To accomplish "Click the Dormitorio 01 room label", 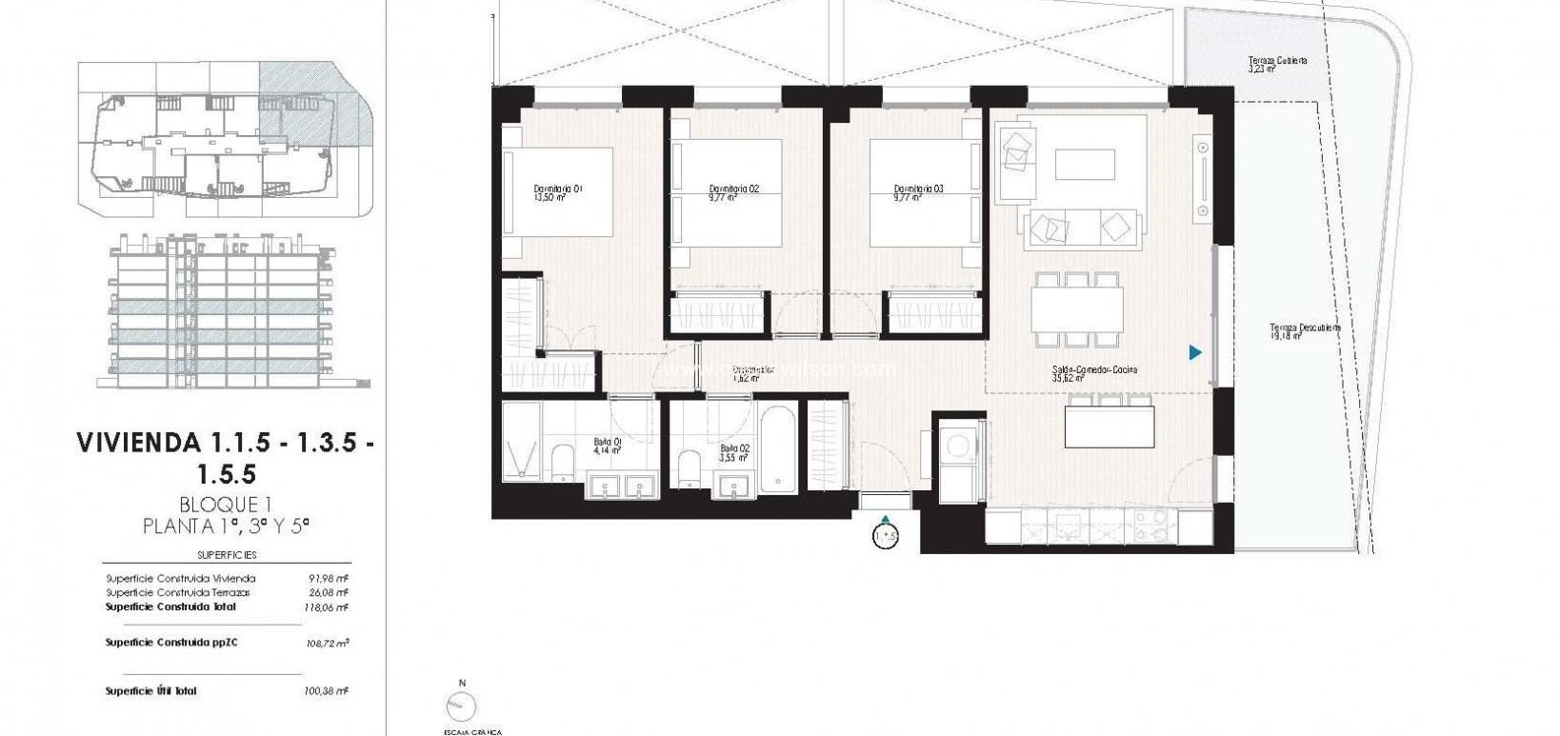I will click(x=558, y=193).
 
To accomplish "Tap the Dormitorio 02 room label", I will click(x=734, y=193).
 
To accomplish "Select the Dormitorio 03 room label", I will click(x=918, y=193).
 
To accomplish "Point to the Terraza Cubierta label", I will click(x=1277, y=65).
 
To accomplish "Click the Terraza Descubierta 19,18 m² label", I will click(x=1305, y=330).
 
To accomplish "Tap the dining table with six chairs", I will click(x=1077, y=309).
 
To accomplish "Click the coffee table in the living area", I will click(x=1085, y=164).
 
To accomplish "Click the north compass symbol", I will click(x=463, y=706).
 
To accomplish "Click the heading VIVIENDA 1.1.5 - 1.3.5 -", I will click(x=224, y=443).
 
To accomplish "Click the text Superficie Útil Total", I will click(x=150, y=691).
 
